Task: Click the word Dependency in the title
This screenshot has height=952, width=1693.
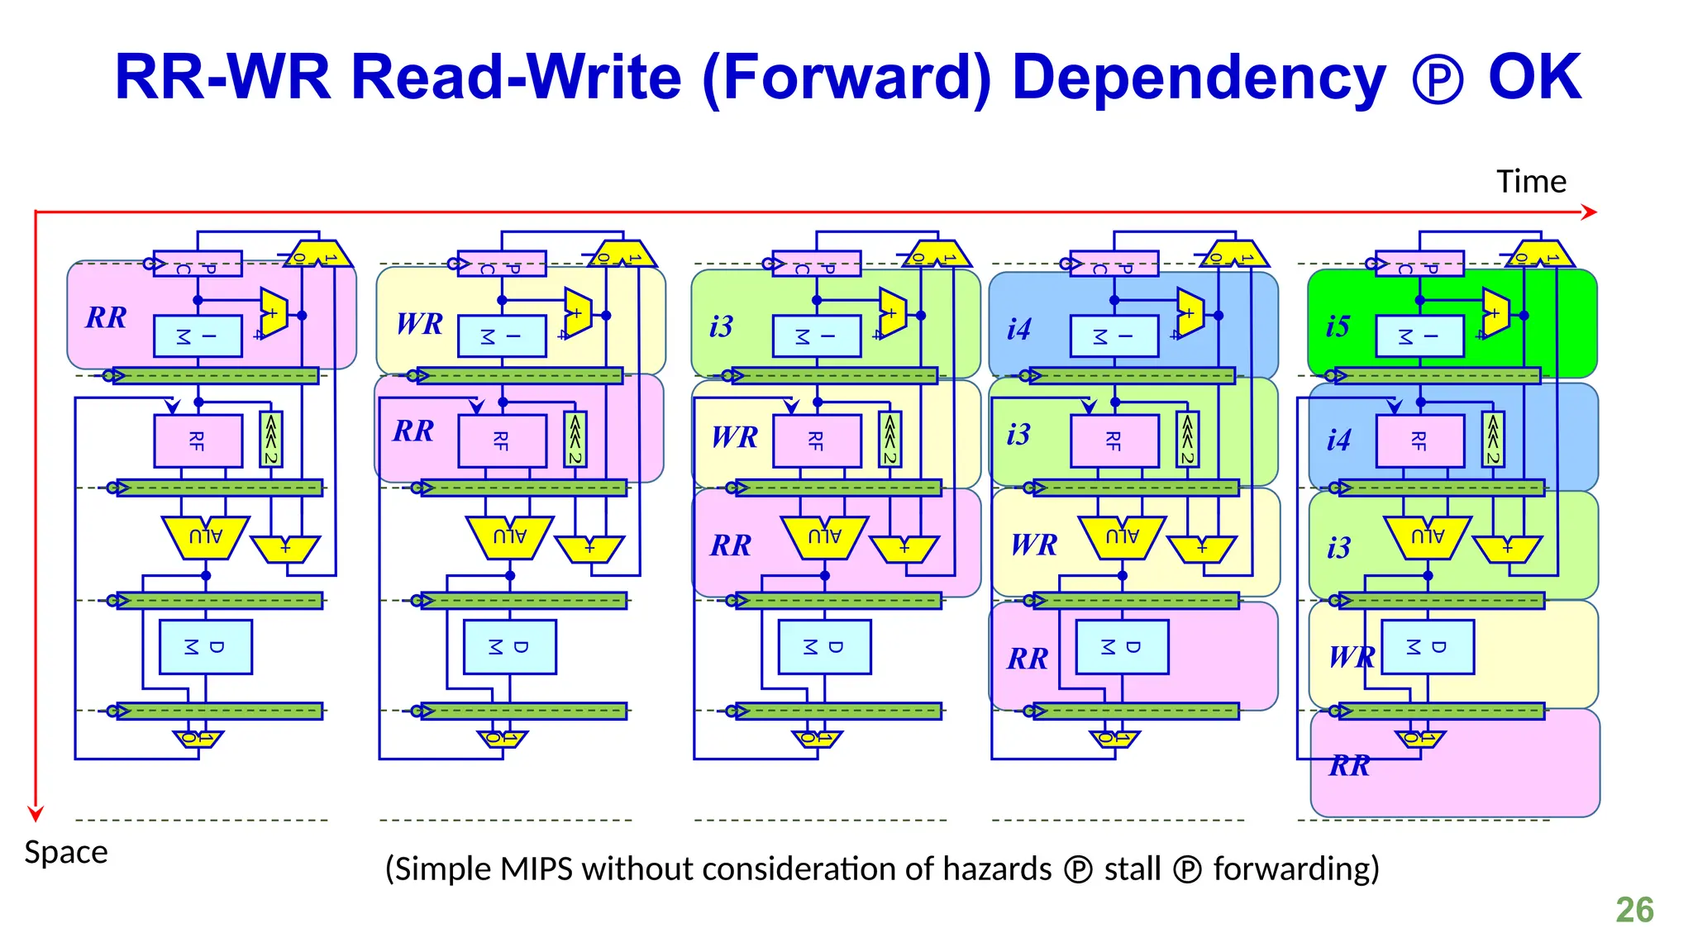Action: click(1198, 78)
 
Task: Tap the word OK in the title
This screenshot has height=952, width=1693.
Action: click(1534, 78)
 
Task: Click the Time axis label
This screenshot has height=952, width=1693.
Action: click(1531, 182)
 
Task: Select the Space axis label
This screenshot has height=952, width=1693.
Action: click(66, 852)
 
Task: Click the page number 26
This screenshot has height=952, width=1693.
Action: click(1634, 910)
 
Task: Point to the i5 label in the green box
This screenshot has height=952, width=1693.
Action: click(1338, 326)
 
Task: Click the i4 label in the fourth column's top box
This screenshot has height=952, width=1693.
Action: click(1018, 329)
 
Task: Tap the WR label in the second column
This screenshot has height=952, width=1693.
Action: click(419, 324)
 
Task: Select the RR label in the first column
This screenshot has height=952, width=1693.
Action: click(106, 317)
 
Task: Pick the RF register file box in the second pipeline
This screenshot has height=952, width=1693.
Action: click(502, 440)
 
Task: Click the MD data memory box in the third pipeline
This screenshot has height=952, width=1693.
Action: click(824, 647)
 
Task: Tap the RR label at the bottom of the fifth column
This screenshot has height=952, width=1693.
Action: click(1349, 766)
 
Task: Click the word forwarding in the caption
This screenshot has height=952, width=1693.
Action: click(1296, 869)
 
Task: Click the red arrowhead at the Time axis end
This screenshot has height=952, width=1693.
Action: click(1590, 212)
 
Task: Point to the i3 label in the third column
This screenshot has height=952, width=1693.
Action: click(721, 326)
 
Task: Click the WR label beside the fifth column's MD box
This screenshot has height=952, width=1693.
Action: click(1351, 657)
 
